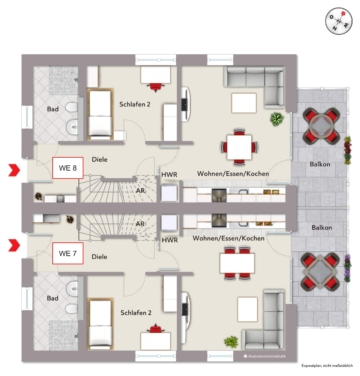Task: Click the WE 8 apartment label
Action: point(67,169)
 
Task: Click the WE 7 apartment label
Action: point(67,254)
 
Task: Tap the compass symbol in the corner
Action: point(334,20)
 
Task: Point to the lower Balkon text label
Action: point(322,228)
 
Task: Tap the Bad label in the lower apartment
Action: point(52,297)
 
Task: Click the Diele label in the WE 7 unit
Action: point(98,257)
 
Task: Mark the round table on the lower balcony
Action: point(321,270)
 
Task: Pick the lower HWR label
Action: point(170,240)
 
